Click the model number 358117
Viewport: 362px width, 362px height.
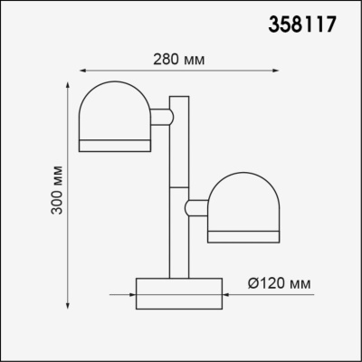point(305,25)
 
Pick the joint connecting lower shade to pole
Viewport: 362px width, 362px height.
point(195,208)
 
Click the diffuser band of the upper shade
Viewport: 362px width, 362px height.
point(112,145)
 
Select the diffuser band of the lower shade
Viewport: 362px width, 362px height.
point(242,237)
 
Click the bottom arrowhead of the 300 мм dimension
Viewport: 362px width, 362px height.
point(69,304)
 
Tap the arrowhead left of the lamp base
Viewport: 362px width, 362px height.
point(130,293)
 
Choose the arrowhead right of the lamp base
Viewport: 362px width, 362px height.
point(227,293)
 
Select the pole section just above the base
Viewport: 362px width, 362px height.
point(178,258)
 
